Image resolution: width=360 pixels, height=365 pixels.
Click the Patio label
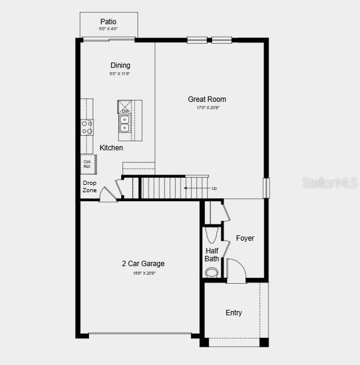tap(108, 22)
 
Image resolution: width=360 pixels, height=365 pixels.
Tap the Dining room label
tap(120, 65)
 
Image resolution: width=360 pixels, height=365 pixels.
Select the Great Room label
tap(207, 99)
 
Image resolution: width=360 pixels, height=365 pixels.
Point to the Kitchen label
tap(112, 148)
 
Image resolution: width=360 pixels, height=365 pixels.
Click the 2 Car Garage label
tap(143, 264)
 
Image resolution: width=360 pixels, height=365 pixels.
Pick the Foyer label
tap(245, 238)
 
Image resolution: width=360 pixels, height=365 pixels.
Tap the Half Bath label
tap(212, 255)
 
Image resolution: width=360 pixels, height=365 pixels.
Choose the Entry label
tap(234, 313)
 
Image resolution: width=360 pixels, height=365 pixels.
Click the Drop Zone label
tap(90, 187)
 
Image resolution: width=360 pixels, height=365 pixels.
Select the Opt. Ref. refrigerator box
tap(88, 164)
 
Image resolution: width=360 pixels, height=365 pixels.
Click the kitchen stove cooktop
tap(87, 127)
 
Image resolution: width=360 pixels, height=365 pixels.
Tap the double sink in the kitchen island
tap(124, 123)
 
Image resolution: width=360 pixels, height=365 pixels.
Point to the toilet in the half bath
tap(212, 234)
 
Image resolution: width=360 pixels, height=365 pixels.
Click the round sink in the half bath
tap(212, 272)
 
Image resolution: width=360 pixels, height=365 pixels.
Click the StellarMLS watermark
tap(330, 182)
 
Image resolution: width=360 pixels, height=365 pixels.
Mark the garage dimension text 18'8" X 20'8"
tap(144, 273)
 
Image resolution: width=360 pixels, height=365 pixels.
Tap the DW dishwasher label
tap(125, 112)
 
